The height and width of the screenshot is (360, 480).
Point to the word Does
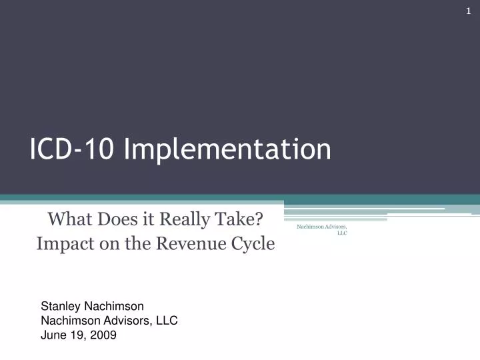pos(119,218)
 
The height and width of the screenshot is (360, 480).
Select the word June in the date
pos(54,335)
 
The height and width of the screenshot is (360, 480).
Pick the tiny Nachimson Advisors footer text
pos(321,227)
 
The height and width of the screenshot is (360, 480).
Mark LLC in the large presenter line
pos(165,321)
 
